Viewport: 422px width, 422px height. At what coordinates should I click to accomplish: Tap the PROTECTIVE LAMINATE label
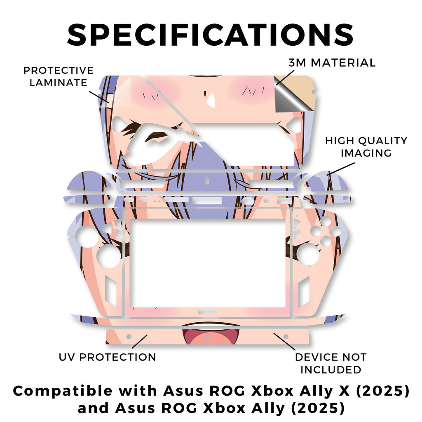pos(58,76)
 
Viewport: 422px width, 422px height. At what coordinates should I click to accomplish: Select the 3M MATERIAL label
pos(332,63)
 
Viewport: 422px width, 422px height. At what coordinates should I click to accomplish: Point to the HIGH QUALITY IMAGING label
pos(366,147)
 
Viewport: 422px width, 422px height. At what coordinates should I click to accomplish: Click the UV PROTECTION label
pos(107,357)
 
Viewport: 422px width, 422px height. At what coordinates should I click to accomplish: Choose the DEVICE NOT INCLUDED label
pos(331,363)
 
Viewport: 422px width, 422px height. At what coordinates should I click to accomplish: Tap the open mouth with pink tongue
pos(211,334)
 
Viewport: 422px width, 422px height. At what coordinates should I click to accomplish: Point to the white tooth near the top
pos(211,100)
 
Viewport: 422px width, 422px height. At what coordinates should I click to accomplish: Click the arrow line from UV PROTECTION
pos(138,342)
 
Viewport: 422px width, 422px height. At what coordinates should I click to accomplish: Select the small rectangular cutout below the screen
pos(204,313)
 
